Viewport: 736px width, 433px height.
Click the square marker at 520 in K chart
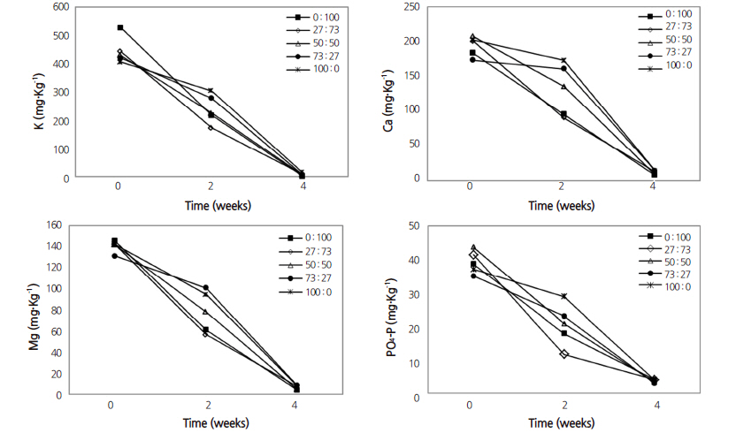click(x=120, y=28)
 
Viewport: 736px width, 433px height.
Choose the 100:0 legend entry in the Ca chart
click(x=678, y=65)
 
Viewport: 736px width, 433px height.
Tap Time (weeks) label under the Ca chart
click(x=562, y=205)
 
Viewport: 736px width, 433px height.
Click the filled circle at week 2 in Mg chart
click(x=205, y=287)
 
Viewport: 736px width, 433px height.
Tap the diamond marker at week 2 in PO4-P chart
click(x=564, y=354)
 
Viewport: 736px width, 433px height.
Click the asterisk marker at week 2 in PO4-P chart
click(x=564, y=296)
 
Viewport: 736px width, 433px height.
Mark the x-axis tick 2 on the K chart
click(x=210, y=186)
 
